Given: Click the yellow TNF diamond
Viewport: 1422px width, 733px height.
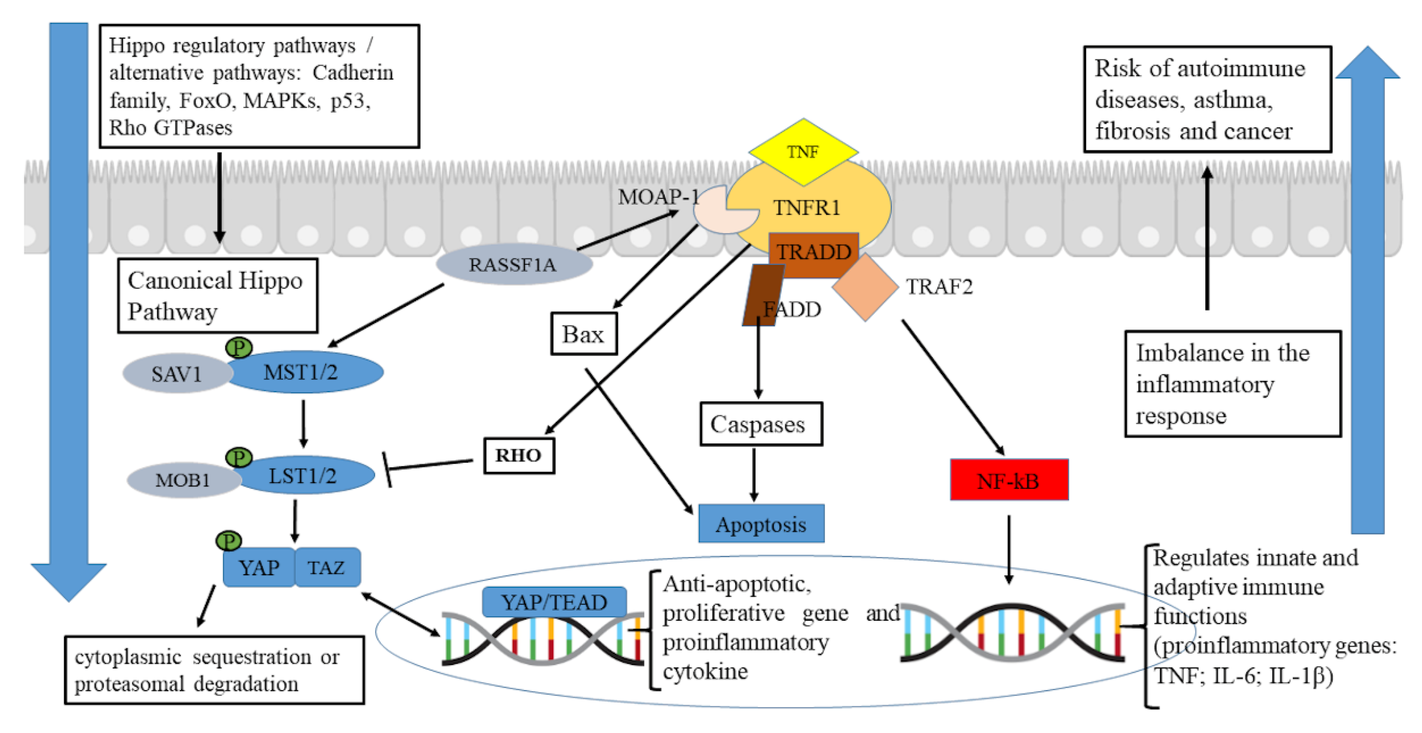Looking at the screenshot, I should pyautogui.click(x=803, y=151).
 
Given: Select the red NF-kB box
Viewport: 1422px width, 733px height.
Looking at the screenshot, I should pyautogui.click(x=1009, y=480).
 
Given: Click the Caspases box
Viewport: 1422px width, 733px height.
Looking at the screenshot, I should pyautogui.click(x=761, y=424).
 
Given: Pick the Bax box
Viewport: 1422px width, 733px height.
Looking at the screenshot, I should pyautogui.click(x=583, y=334).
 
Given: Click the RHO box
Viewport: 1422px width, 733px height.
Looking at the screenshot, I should pyautogui.click(x=519, y=456).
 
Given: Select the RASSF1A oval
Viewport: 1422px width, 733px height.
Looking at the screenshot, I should pyautogui.click(x=513, y=264).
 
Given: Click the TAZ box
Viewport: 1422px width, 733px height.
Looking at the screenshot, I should pyautogui.click(x=327, y=568).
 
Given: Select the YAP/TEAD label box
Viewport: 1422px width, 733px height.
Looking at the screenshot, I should pyautogui.click(x=554, y=602).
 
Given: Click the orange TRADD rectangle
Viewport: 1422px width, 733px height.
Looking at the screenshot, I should pyautogui.click(x=813, y=253).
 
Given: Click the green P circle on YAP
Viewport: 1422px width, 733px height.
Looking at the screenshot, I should pyautogui.click(x=228, y=540).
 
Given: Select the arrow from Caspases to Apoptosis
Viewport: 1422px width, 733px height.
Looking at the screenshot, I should pyautogui.click(x=754, y=474).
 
